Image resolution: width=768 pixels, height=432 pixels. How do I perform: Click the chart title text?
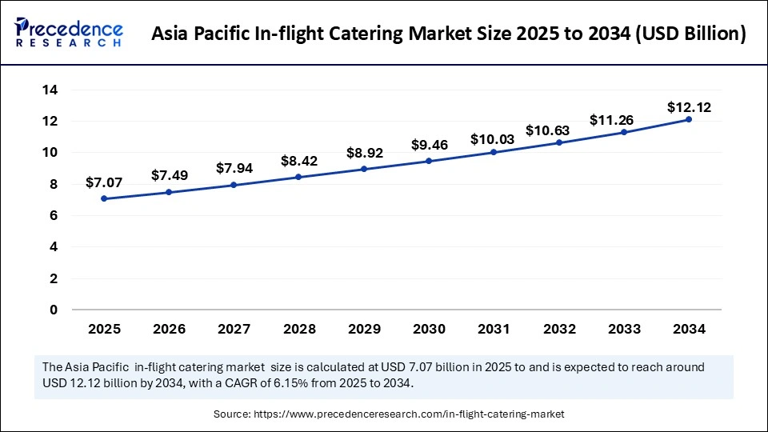tap(450, 34)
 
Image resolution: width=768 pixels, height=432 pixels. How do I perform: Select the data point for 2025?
tap(105, 198)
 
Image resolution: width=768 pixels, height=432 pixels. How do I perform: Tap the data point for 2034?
tap(688, 119)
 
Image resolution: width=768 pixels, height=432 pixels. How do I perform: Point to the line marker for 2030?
tap(429, 161)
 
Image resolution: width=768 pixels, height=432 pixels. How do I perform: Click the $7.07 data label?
tap(105, 182)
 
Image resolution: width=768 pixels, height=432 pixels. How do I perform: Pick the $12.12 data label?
tap(688, 106)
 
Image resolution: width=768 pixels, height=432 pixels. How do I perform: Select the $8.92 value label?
tap(364, 153)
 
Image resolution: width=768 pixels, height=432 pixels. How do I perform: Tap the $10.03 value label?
tap(494, 139)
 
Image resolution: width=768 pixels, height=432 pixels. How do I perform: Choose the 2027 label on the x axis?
tap(234, 329)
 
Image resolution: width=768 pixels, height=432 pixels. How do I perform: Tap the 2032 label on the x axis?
tap(558, 329)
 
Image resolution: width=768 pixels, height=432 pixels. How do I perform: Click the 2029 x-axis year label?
tap(364, 329)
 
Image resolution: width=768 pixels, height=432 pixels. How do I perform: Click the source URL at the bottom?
tap(409, 414)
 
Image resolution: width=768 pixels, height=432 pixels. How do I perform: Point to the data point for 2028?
tap(299, 177)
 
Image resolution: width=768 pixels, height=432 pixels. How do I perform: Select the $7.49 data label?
tap(170, 175)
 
